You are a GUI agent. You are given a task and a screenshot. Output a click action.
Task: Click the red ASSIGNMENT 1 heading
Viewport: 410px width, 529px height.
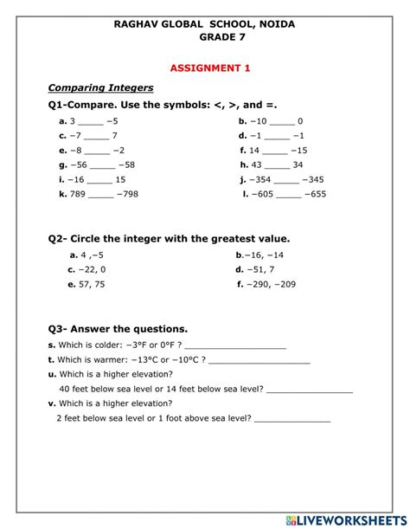pos(205,67)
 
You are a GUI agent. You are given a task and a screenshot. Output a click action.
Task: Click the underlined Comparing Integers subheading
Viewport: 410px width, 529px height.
pos(101,87)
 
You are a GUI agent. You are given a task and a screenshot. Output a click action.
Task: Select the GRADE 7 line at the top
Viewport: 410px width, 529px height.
pos(205,38)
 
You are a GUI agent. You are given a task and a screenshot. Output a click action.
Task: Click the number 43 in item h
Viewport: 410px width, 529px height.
pos(257,165)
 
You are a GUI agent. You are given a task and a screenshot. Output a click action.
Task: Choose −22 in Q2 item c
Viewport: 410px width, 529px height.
pos(87,269)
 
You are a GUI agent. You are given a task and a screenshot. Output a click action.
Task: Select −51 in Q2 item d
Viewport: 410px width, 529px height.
pos(256,269)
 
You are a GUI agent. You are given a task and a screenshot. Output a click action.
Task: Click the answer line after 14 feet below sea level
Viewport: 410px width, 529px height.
pos(310,390)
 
